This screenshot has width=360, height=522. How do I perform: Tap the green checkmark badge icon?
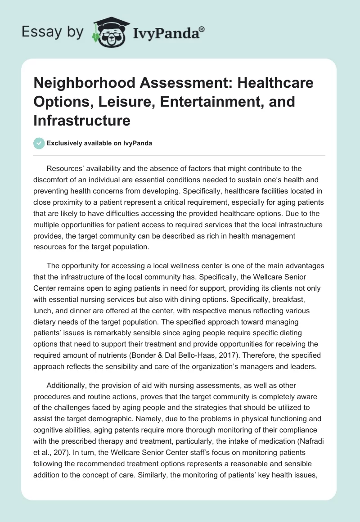(x=39, y=143)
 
